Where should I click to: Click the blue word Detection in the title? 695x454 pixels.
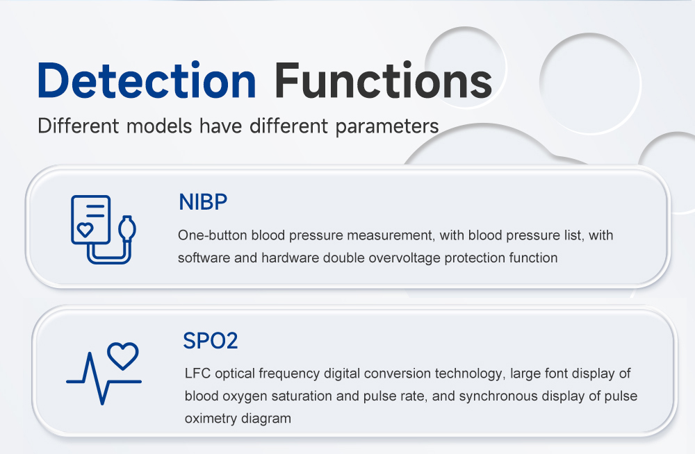click(147, 80)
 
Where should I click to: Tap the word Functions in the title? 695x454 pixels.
click(384, 80)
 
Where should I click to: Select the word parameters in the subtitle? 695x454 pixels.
click(387, 126)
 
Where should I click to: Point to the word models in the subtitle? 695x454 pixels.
click(159, 126)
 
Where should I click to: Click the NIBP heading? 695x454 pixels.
click(203, 202)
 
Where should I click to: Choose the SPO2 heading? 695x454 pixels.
click(211, 341)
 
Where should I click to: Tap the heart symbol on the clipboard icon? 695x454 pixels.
click(85, 230)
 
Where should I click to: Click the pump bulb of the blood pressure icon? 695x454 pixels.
click(127, 228)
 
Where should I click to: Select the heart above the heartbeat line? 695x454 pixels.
click(123, 355)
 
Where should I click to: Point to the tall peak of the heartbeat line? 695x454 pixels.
click(90, 353)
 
